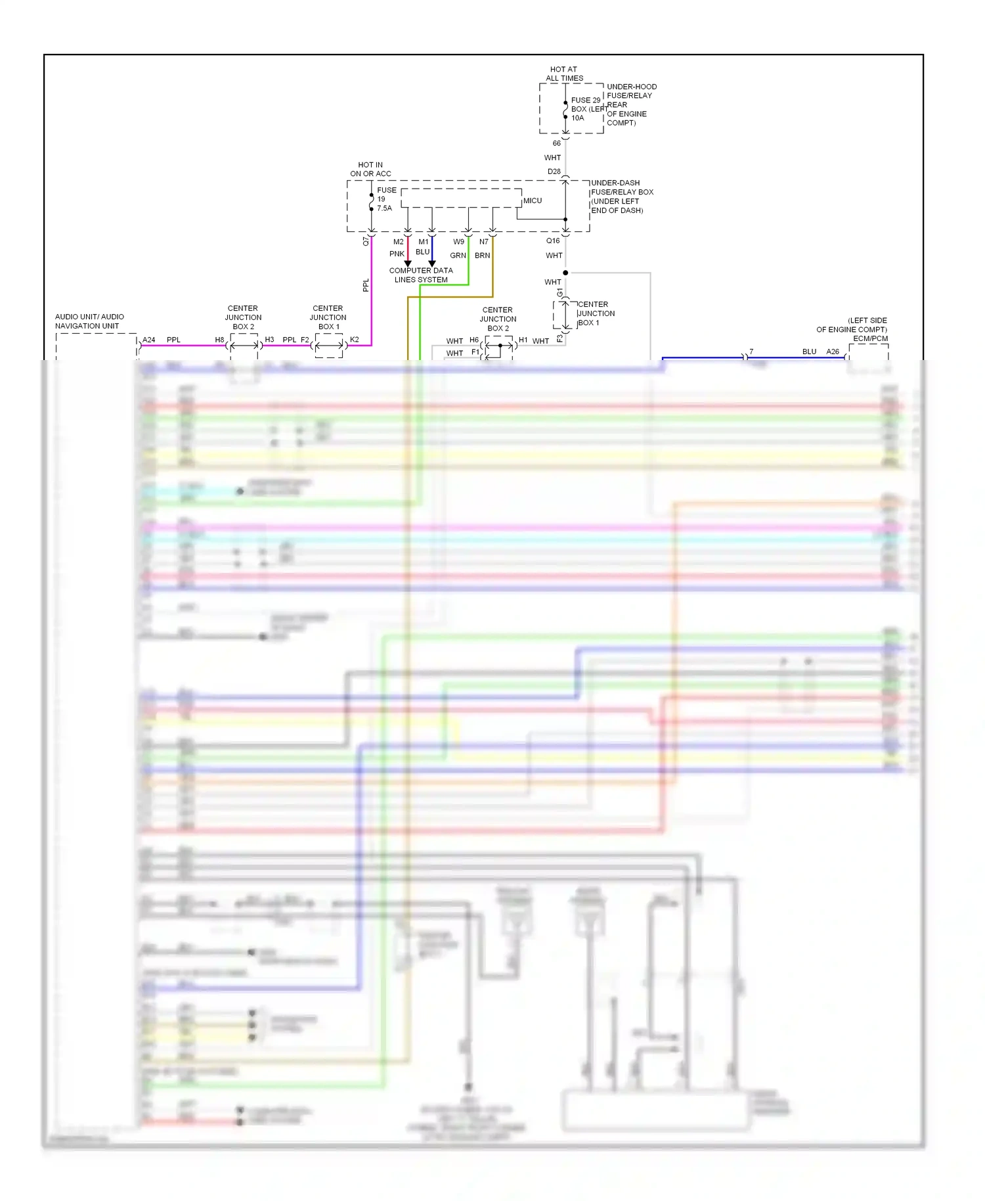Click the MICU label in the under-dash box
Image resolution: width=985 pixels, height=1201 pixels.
(533, 200)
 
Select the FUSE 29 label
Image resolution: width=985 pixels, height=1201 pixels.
(585, 101)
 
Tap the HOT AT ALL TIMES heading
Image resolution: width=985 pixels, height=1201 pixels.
(564, 74)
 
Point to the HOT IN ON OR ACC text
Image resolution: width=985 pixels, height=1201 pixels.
(370, 170)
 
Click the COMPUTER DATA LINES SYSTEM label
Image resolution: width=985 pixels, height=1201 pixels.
(421, 275)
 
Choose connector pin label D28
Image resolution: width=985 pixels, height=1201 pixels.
(554, 171)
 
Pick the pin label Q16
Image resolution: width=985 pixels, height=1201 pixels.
(553, 240)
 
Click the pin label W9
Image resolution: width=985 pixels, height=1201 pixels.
(458, 242)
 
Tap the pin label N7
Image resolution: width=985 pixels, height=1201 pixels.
(484, 242)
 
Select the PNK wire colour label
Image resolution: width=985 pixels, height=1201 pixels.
(397, 254)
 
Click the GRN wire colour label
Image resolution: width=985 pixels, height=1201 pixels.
(458, 256)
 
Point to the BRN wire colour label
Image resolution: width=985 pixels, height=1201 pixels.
(482, 256)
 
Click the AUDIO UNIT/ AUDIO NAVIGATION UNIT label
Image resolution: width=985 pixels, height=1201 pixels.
(89, 321)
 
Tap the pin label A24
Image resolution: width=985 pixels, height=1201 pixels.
(149, 340)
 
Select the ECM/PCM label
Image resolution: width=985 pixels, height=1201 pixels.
(870, 338)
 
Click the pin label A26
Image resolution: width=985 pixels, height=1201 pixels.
(833, 351)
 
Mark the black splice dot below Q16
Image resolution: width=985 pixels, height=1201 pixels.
(565, 273)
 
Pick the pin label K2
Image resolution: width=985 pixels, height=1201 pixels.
(355, 340)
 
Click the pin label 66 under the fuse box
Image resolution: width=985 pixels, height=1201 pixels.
(557, 143)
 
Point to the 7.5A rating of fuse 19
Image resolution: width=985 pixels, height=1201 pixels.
(384, 208)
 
